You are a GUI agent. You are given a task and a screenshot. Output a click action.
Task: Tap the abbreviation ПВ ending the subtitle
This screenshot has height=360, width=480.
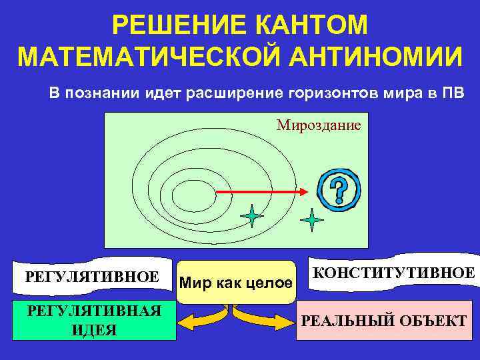click(x=453, y=92)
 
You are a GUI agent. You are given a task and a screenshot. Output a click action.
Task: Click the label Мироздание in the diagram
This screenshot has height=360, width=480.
click(x=319, y=125)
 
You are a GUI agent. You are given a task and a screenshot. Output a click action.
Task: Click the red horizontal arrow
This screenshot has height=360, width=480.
click(x=261, y=191)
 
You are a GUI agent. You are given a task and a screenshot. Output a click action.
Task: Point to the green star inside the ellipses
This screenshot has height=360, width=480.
click(x=253, y=216)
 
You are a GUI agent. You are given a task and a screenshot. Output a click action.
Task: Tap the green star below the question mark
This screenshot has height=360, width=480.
click(x=311, y=219)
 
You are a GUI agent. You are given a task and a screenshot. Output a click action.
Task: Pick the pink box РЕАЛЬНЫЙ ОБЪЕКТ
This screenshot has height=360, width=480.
click(x=384, y=321)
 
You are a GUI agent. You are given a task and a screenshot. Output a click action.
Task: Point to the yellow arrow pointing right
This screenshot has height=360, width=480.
click(x=273, y=323)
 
